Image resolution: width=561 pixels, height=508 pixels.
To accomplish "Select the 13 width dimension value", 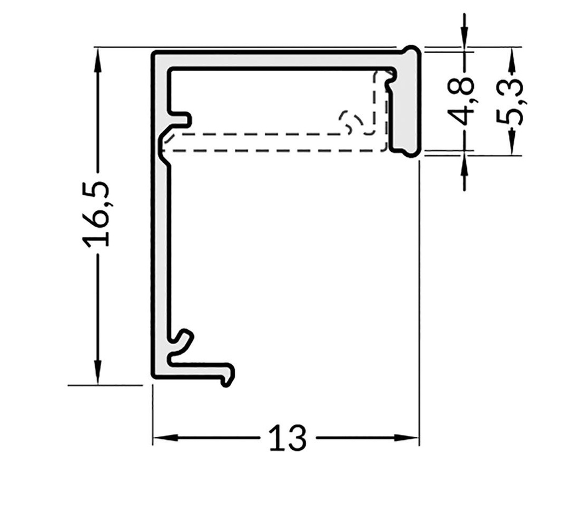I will (287, 438).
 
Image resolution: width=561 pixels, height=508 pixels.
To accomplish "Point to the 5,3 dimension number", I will (510, 102).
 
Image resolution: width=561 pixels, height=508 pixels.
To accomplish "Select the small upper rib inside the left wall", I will (182, 119).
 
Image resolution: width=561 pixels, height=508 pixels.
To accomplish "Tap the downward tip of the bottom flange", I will (226, 381).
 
